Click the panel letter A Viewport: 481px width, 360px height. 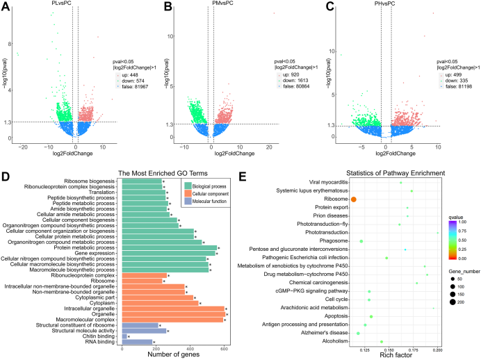(6, 6)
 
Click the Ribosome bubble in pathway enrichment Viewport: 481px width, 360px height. (353, 199)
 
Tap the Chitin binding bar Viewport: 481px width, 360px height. (124, 336)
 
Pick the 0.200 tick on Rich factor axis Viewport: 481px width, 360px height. (437, 350)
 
